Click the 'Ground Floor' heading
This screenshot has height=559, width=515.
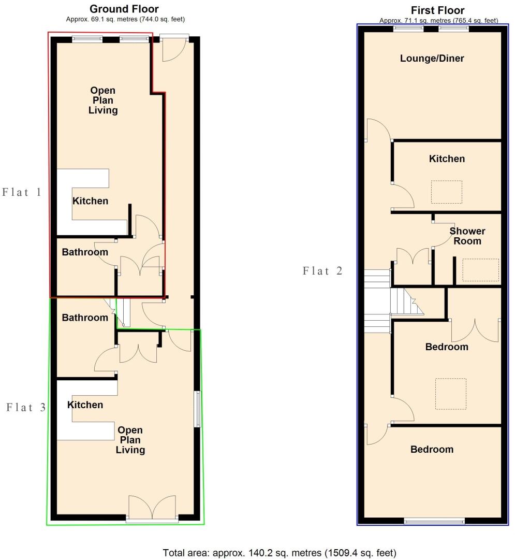point(124,9)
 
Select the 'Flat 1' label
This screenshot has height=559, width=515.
point(22,192)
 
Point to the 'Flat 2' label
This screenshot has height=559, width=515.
point(323,270)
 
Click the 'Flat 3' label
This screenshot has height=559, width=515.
point(26,407)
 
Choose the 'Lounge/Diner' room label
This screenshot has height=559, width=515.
point(432,58)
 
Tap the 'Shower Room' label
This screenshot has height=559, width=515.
point(465,236)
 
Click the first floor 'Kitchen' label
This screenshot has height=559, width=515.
point(447,159)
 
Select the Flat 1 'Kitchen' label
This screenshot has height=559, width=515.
point(90,200)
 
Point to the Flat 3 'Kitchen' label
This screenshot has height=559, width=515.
point(85,405)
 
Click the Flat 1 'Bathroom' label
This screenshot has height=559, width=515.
point(85,252)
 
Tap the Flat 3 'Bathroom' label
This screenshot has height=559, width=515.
point(85,318)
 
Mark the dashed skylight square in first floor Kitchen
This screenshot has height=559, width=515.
point(447,192)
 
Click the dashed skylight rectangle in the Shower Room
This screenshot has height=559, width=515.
point(480,270)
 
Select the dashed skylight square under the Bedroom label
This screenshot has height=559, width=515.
point(450,394)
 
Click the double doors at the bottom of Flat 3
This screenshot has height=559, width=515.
point(152,508)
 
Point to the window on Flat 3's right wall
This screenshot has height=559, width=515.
point(197,409)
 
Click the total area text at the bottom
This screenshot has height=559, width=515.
point(280,553)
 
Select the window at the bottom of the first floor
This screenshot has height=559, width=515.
point(434,521)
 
